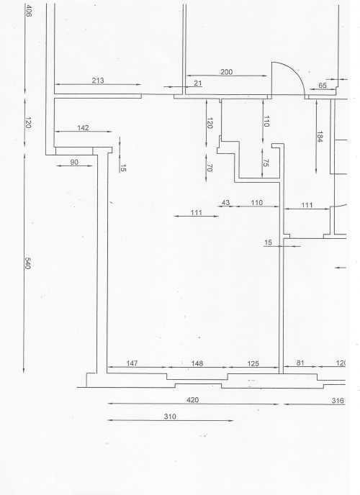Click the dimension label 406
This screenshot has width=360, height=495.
[x=28, y=10]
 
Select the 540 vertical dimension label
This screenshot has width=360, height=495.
[x=27, y=263]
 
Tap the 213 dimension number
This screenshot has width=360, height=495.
[x=98, y=81]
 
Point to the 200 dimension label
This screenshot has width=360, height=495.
[x=226, y=72]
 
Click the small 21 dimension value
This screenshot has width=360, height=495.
[x=198, y=83]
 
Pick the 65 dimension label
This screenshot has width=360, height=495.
[x=323, y=85]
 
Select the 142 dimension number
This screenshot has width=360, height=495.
[x=83, y=128]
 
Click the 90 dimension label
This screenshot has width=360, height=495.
[x=74, y=163]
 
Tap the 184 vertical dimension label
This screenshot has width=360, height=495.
[x=320, y=137]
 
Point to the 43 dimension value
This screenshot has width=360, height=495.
[x=225, y=203]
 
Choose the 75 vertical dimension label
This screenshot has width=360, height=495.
[x=266, y=163]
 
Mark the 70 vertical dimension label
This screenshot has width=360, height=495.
[x=209, y=168]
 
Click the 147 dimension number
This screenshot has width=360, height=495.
[x=132, y=363]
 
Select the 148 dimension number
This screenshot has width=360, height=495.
[x=197, y=363]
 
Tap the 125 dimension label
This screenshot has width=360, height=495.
[x=253, y=363]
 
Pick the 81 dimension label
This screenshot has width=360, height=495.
[x=300, y=363]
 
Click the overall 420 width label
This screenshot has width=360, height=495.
[x=193, y=400]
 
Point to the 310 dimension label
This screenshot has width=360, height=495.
[x=170, y=417]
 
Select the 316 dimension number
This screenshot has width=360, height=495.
[x=338, y=401]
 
